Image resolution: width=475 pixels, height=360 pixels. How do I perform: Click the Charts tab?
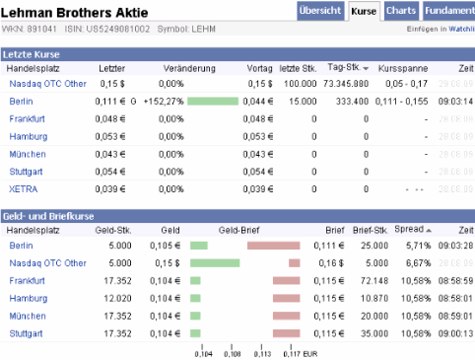pos(401,11)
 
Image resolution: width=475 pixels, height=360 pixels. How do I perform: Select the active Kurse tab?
pos(365,11)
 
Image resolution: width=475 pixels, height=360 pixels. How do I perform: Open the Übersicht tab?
pos(320,11)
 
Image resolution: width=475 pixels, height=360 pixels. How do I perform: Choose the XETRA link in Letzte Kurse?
pos(23,188)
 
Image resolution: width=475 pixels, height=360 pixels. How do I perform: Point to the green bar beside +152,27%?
pos(212,101)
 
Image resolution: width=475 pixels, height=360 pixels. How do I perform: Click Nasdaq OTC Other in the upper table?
pos(47,84)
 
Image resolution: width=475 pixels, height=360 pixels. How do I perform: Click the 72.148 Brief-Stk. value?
pos(373,281)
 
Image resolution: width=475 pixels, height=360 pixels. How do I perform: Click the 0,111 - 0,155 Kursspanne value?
pos(403,101)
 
